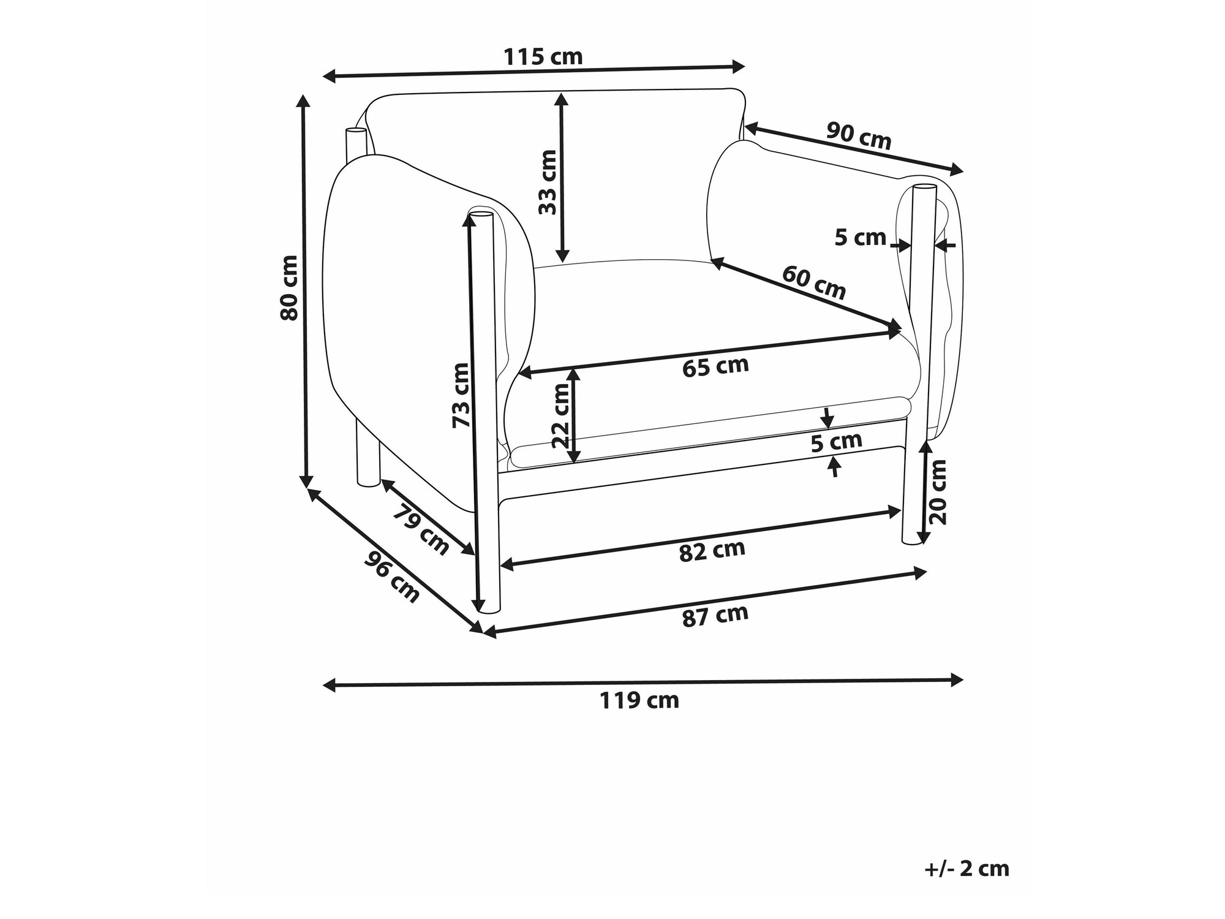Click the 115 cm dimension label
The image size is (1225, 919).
(x=543, y=57)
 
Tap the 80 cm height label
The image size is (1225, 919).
(x=289, y=288)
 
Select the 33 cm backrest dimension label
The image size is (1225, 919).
(x=548, y=182)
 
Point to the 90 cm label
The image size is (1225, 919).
(x=859, y=136)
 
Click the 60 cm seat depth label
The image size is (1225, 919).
(x=814, y=282)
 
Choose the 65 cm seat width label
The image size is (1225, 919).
(x=715, y=366)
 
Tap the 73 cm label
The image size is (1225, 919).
(x=460, y=395)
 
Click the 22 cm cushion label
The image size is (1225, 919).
(x=561, y=417)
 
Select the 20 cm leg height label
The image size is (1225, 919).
(x=938, y=492)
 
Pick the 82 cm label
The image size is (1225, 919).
(x=712, y=551)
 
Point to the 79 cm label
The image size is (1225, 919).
(x=421, y=529)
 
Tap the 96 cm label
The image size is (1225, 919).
(x=393, y=577)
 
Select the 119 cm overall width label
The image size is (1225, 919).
(x=639, y=700)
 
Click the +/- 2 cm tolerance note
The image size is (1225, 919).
(x=967, y=869)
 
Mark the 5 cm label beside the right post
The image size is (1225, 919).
(x=860, y=237)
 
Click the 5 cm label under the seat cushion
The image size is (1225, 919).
(x=837, y=442)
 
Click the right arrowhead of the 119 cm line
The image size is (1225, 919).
(x=957, y=679)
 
